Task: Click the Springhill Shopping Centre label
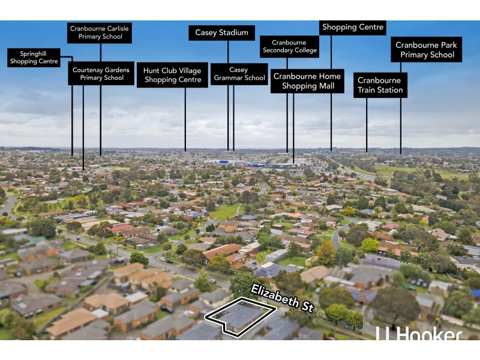click(34, 58)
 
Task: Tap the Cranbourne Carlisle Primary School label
click(100, 32)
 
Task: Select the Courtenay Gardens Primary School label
click(101, 74)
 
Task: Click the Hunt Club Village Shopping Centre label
click(173, 75)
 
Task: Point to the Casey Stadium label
click(221, 33)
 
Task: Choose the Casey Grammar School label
click(239, 74)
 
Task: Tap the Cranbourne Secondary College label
click(289, 47)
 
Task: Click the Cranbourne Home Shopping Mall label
click(307, 81)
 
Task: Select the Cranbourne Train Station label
click(380, 85)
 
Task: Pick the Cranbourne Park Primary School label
click(427, 50)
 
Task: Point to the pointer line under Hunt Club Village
click(185, 120)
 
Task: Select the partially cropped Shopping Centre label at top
click(353, 28)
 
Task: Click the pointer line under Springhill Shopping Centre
click(72, 108)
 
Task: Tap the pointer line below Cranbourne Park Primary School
click(401, 108)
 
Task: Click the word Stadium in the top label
click(234, 33)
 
